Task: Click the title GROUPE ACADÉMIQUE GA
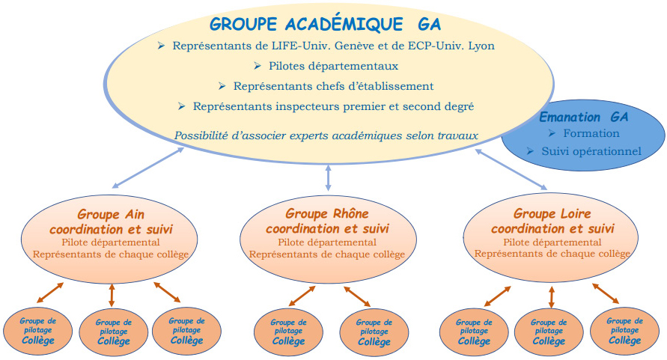point(326,24)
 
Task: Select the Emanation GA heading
point(584,117)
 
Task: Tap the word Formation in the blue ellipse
point(591,134)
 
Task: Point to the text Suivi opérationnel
point(591,151)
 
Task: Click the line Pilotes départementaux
point(334,66)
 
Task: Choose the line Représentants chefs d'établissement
point(334,86)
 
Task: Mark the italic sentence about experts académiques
point(326,135)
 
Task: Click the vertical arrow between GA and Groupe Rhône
point(328,177)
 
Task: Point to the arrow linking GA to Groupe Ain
point(148,168)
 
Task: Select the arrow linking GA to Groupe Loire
point(511,169)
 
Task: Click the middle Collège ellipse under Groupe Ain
point(114,332)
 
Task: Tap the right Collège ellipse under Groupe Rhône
point(374,332)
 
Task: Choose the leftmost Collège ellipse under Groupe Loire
point(474,332)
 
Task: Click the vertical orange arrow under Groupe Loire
point(552,297)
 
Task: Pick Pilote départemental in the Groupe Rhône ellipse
point(327,242)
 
